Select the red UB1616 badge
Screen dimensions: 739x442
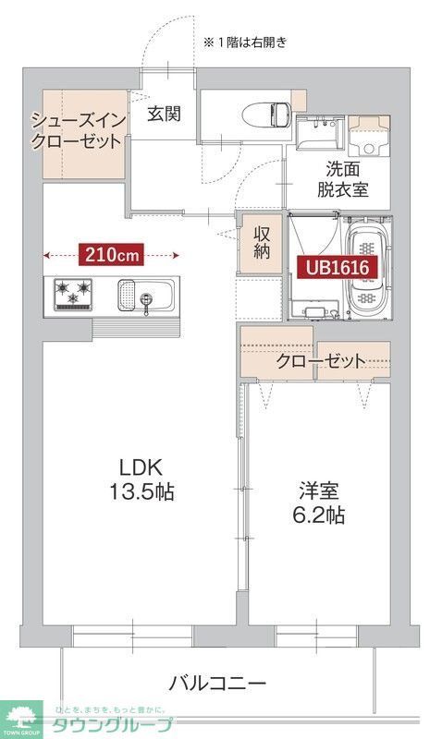[x=338, y=268]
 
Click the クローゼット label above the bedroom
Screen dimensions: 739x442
[x=320, y=361]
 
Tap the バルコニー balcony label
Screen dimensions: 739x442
[x=217, y=684]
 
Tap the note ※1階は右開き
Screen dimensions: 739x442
[x=245, y=42]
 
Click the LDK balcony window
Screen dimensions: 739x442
[x=132, y=636]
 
